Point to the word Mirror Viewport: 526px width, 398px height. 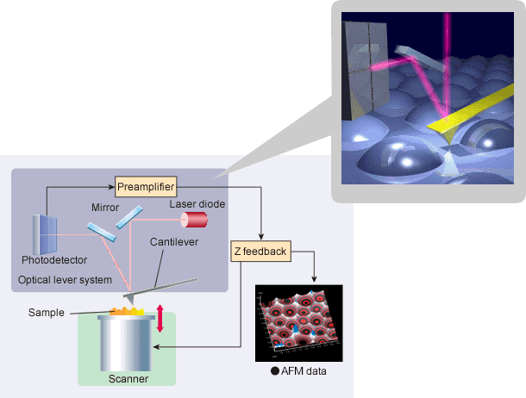pyautogui.click(x=105, y=208)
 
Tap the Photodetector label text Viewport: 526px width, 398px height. pyautogui.click(x=50, y=260)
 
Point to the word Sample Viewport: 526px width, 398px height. pyautogui.click(x=47, y=312)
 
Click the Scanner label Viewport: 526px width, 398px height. pyautogui.click(x=128, y=378)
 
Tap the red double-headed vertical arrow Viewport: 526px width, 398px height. pyautogui.click(x=160, y=318)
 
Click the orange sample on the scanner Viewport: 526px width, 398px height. pyautogui.click(x=128, y=308)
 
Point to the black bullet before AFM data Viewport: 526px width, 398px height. pyautogui.click(x=273, y=371)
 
